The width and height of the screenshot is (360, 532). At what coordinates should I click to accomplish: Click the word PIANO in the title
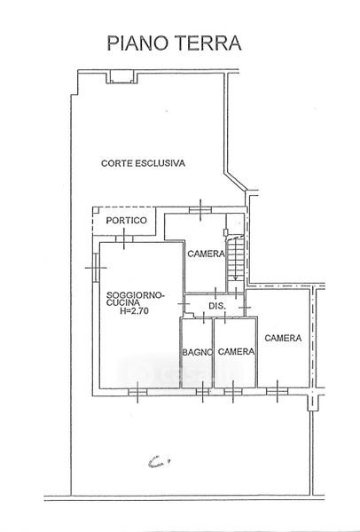click(137, 43)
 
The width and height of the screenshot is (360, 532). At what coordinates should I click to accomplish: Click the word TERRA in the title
click(208, 43)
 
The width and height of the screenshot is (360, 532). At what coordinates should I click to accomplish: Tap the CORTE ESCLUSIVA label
click(143, 163)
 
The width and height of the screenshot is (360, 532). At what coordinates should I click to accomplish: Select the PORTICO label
click(127, 221)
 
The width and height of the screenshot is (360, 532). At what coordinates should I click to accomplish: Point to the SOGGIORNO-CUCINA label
click(135, 299)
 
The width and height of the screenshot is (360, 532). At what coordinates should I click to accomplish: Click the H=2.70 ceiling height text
click(135, 310)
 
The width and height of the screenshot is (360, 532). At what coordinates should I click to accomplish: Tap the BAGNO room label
click(197, 353)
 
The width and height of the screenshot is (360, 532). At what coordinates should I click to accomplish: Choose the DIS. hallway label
click(217, 306)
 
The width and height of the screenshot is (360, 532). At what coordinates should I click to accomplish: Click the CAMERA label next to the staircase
click(206, 254)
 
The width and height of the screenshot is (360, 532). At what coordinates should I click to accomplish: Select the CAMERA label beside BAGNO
click(236, 351)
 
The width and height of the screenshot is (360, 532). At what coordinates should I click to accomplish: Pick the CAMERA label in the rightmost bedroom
click(283, 338)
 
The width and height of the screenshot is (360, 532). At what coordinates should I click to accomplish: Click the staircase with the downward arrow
click(236, 258)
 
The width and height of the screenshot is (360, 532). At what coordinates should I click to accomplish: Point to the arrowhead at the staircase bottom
click(236, 278)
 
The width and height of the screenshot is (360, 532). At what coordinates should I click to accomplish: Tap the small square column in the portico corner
click(96, 210)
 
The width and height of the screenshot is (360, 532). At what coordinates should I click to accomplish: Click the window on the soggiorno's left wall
click(96, 268)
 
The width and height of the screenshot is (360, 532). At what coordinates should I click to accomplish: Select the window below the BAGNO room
click(202, 392)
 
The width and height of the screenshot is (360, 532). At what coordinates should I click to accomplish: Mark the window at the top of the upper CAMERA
click(200, 210)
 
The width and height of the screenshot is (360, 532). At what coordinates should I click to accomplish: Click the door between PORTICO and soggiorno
click(124, 239)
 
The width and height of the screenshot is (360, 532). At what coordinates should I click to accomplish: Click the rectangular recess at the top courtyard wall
click(121, 77)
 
